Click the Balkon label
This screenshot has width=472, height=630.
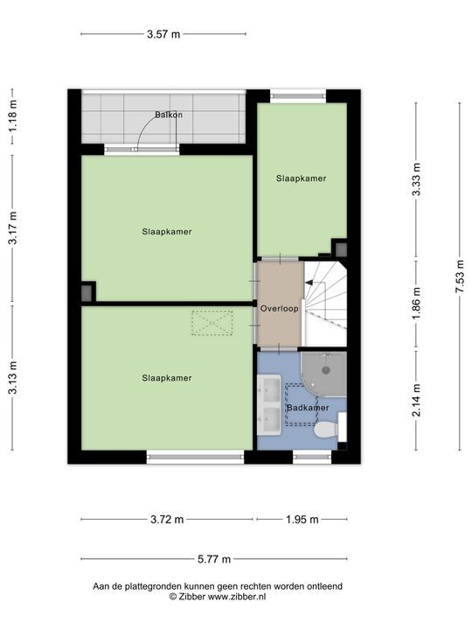tap(169, 115)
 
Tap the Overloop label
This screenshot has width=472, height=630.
tap(280, 309)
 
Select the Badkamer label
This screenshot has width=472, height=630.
tap(308, 408)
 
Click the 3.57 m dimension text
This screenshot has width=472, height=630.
tap(163, 34)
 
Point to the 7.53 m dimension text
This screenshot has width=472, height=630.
tap(460, 276)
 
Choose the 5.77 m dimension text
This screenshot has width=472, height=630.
tap(214, 559)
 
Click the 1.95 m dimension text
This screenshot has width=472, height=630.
tap(302, 520)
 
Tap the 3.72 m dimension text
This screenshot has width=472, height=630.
tap(167, 520)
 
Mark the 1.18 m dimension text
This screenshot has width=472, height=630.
tap(13, 115)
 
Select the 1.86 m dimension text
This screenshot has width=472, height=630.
tap(417, 304)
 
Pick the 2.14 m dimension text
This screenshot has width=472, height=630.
tap(417, 400)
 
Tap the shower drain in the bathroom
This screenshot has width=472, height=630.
tap(326, 370)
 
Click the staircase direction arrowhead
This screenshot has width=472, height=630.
tap(309, 283)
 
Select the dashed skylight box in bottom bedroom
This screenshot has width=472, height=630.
tap(212, 323)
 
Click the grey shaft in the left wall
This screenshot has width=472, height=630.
tap(87, 293)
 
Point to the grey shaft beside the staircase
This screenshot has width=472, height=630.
tap(341, 249)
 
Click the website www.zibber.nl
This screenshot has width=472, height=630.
tap(237, 597)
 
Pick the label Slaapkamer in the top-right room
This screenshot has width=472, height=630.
tap(301, 178)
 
